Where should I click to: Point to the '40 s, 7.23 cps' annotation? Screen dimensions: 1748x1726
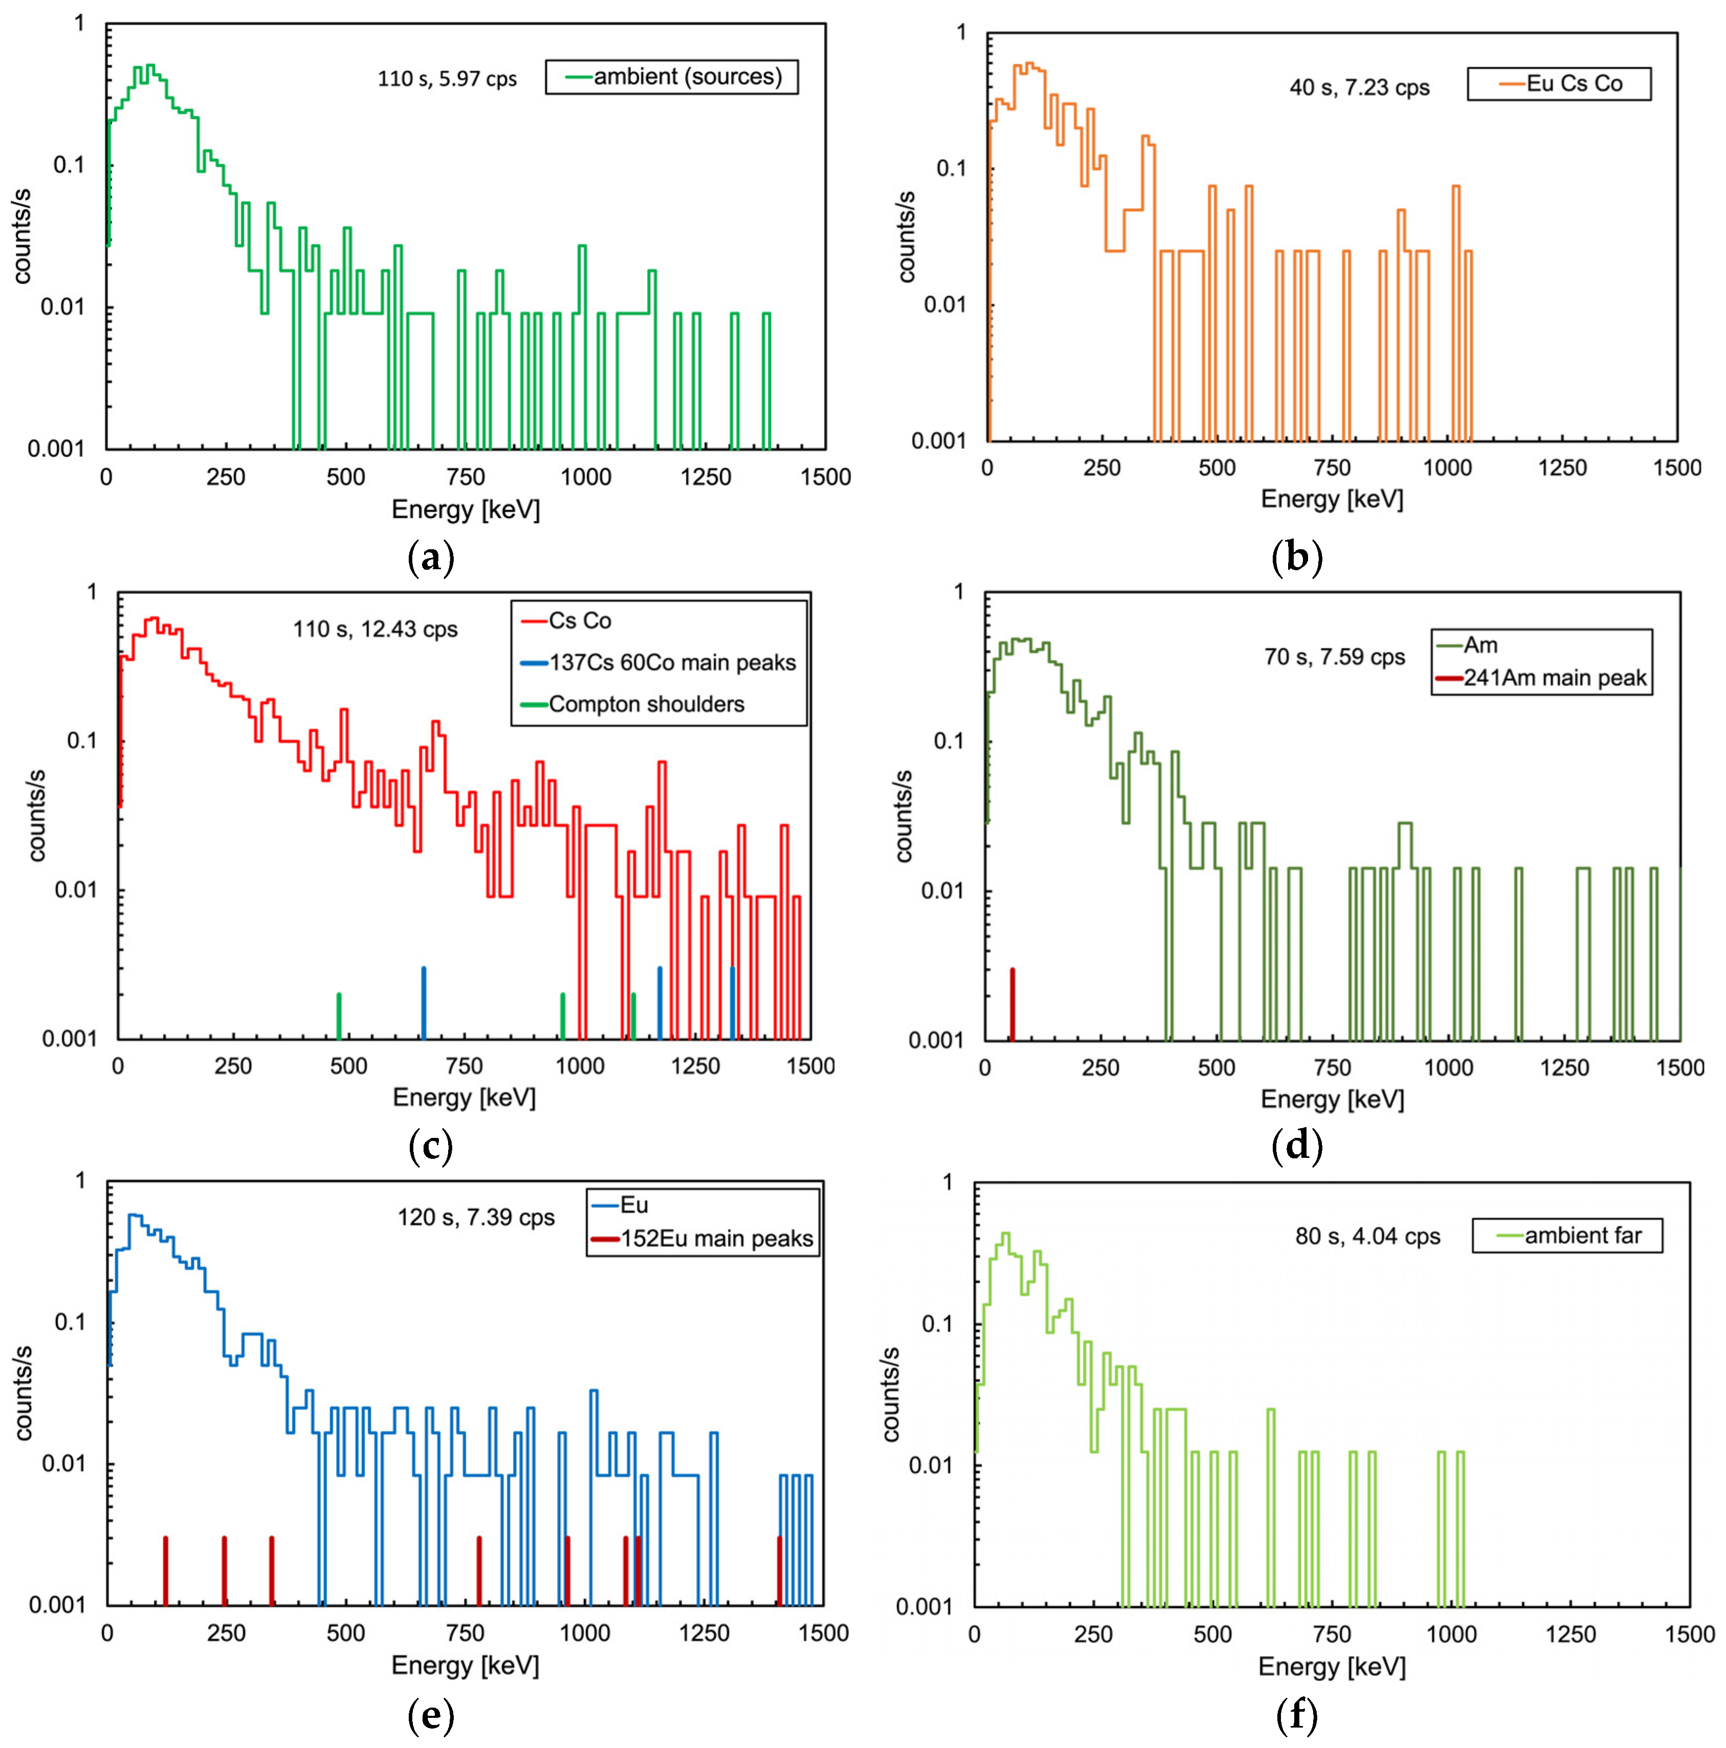[1359, 88]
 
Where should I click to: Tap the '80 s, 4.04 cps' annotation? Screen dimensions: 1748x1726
[1367, 1237]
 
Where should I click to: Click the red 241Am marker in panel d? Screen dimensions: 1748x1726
[1012, 1004]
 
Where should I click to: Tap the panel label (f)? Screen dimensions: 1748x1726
[1296, 1715]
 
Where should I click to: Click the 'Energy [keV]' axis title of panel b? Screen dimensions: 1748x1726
[1332, 500]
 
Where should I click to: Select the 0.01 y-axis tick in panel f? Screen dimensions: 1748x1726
[931, 1464]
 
